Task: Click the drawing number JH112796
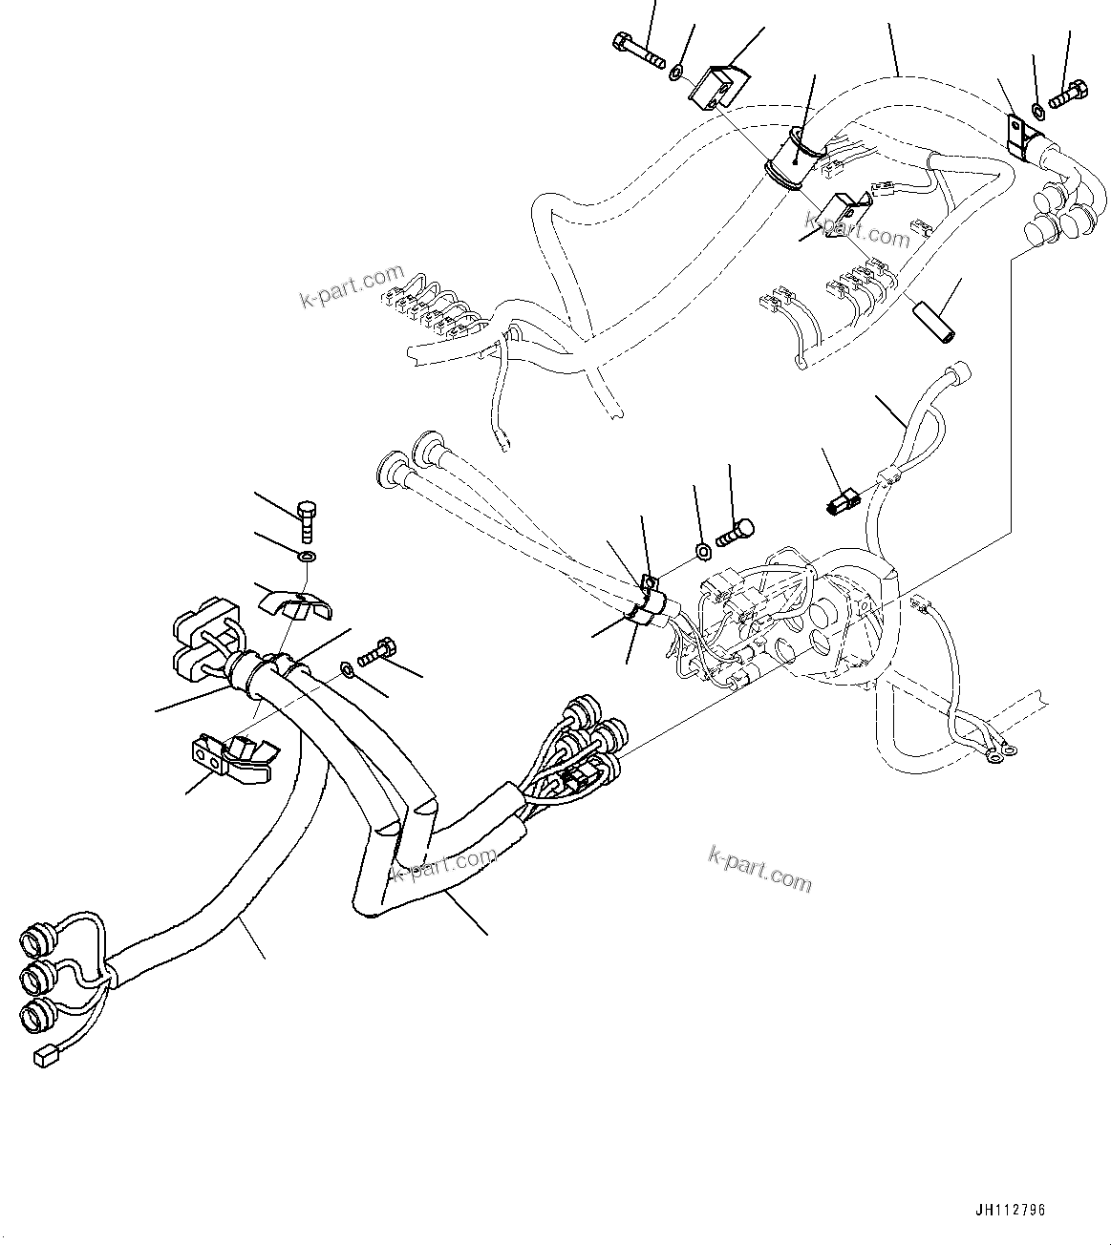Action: [1010, 1210]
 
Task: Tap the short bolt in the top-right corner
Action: [1068, 93]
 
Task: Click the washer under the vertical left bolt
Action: [307, 557]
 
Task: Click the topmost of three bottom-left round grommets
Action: [36, 939]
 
